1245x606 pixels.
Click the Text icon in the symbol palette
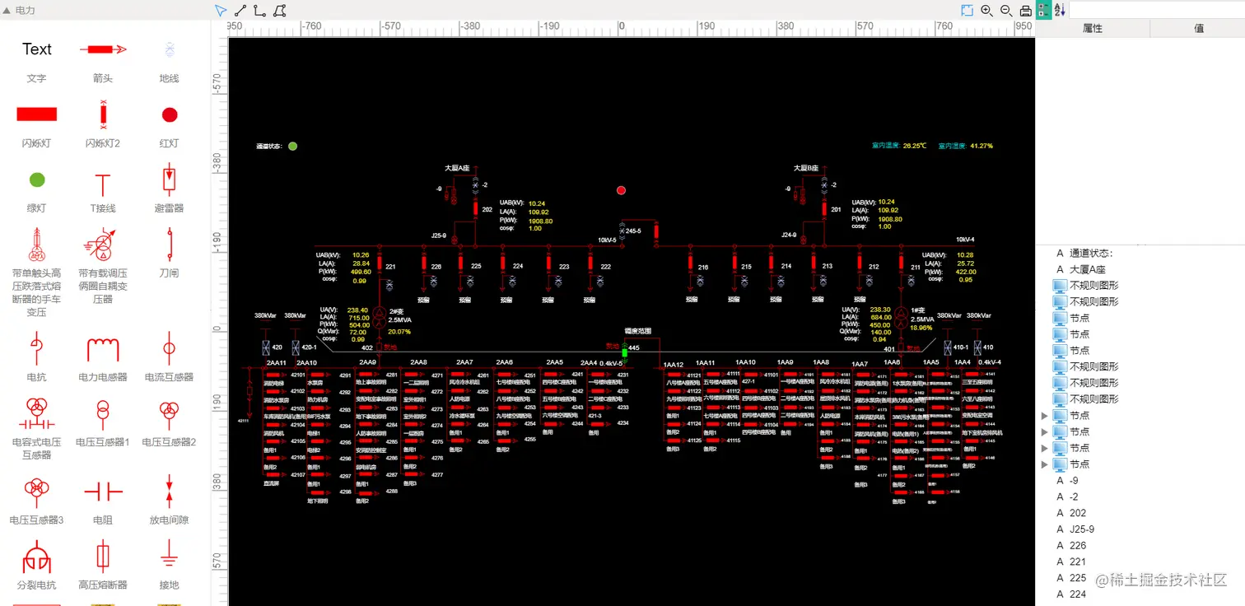[36, 49]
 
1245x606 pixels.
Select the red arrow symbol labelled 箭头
[103, 49]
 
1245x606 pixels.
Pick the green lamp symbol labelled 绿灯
[36, 179]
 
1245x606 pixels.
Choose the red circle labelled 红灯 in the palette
[169, 114]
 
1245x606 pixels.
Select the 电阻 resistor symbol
[103, 492]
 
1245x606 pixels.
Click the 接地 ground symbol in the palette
[169, 556]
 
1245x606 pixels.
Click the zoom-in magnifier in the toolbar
[986, 10]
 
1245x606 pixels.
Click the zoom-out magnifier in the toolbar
[1006, 10]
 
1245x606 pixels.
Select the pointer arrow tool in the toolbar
[220, 10]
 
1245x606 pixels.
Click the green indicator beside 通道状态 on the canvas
[292, 146]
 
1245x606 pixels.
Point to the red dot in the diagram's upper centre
[621, 190]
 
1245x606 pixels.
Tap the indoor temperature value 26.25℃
[914, 146]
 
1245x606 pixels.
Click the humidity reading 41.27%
[982, 146]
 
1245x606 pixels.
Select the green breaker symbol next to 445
[624, 352]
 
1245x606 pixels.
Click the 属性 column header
[1092, 28]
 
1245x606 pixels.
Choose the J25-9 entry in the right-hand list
[1081, 529]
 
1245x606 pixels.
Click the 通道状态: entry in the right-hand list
[1091, 253]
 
